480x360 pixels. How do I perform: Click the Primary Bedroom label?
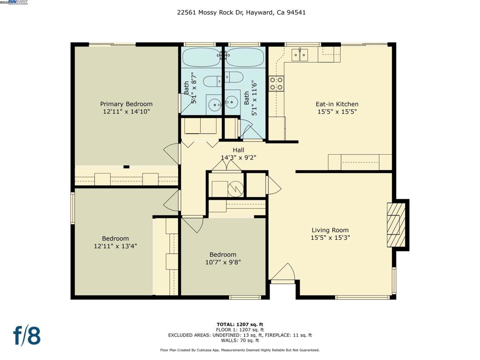point(126,104)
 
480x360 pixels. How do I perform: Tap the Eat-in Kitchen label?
point(337,104)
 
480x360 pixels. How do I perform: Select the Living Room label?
point(330,230)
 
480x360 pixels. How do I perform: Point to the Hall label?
point(239,150)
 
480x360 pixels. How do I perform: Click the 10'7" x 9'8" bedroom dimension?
point(223,262)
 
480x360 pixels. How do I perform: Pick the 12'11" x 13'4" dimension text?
point(115,246)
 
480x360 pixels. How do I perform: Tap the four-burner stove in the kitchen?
point(276,84)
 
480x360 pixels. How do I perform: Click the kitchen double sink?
point(300,55)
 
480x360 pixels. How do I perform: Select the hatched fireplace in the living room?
point(396,225)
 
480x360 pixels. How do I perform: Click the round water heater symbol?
point(236,189)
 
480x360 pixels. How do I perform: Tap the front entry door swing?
point(283,272)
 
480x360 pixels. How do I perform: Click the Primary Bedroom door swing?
point(172,154)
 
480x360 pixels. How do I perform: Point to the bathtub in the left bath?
point(202,57)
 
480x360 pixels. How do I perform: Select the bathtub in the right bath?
point(245,57)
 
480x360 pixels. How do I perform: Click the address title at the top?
point(241,13)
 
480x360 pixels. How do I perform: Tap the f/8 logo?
point(27,336)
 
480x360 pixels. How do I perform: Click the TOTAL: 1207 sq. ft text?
point(240,324)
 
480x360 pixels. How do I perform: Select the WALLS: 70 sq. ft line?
point(240,340)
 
